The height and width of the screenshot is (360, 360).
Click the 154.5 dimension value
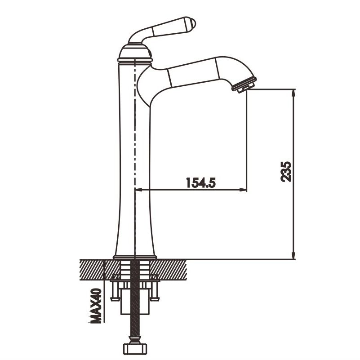(x=201, y=182)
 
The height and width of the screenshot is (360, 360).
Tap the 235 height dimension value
(x=286, y=172)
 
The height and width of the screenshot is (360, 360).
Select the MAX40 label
(x=96, y=306)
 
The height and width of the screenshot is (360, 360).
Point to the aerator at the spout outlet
(x=244, y=85)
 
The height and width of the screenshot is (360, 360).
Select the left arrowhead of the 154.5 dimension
(x=139, y=190)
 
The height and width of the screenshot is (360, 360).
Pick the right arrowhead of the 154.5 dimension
(x=243, y=190)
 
